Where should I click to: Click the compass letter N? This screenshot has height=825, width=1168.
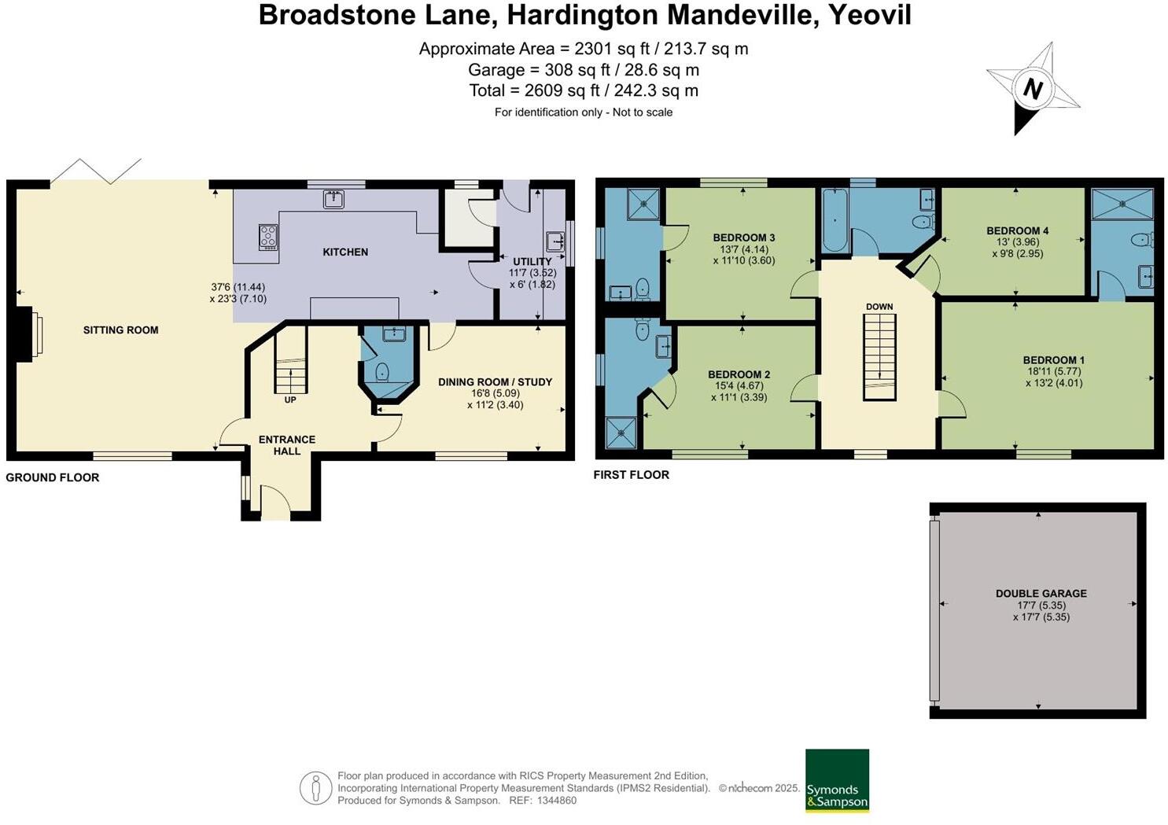pyautogui.click(x=1032, y=89)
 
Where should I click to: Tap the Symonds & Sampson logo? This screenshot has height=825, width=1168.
pyautogui.click(x=837, y=780)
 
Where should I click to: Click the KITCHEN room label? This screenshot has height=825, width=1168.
pyautogui.click(x=345, y=252)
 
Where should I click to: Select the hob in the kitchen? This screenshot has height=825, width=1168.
pyautogui.click(x=268, y=237)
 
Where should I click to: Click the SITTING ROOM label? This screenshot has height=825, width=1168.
pyautogui.click(x=120, y=330)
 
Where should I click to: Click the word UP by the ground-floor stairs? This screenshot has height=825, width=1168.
pyautogui.click(x=290, y=400)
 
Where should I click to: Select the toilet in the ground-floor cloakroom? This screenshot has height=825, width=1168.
pyautogui.click(x=383, y=372)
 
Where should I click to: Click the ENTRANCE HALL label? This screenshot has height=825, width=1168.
pyautogui.click(x=287, y=445)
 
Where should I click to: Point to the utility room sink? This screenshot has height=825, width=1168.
pyautogui.click(x=555, y=240)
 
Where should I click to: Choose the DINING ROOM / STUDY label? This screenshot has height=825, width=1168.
pyautogui.click(x=495, y=382)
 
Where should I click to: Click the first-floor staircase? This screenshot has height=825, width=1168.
pyautogui.click(x=880, y=357)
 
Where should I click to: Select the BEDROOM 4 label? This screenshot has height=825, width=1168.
pyautogui.click(x=1017, y=231)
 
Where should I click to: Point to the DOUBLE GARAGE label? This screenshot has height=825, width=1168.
pyautogui.click(x=1041, y=594)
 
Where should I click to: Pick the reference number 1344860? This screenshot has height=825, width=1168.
pyautogui.click(x=556, y=801)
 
